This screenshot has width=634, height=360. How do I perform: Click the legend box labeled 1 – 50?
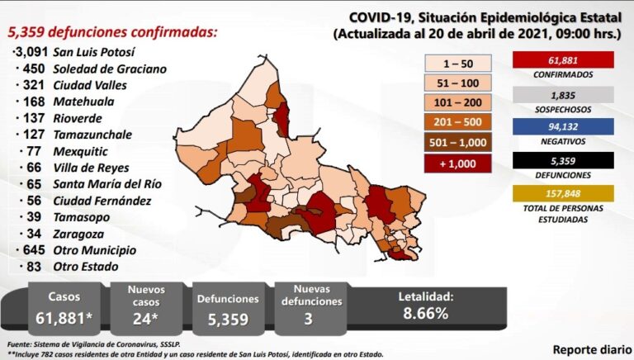click(x=459, y=62)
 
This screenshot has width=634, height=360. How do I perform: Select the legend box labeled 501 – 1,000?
click(x=459, y=141)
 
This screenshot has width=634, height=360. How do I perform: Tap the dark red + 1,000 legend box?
click(x=459, y=162)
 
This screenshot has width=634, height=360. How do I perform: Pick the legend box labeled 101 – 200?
click(x=459, y=102)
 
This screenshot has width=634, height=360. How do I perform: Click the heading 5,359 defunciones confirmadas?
click(x=112, y=32)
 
